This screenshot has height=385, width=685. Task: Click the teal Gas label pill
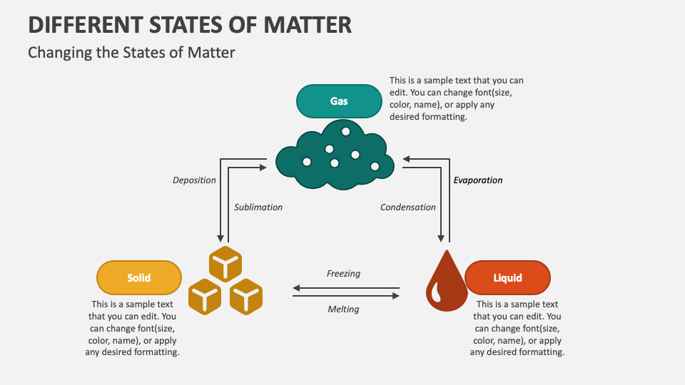pos(339,101)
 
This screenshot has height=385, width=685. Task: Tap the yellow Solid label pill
pos(139,278)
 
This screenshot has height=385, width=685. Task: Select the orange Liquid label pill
pos(507,278)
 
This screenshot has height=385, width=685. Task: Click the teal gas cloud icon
pos(335,157)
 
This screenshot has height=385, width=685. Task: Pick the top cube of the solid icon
pos(226,265)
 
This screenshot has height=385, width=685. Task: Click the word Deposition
pos(194,180)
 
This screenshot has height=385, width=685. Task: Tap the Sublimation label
pos(258,207)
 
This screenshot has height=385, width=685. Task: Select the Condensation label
pos(407,207)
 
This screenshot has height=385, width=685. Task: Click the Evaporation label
pos(478,180)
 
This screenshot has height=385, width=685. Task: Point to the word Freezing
pos(343,274)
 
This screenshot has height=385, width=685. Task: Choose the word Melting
pos(343,309)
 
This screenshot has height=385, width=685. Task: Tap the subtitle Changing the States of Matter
pos(131,52)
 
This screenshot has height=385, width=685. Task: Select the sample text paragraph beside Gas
pos(457,99)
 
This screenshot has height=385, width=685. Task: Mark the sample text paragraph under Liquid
pos(517,328)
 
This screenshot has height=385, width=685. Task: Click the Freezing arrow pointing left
pos(346,288)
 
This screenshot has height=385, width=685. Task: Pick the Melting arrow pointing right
pos(346,295)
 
